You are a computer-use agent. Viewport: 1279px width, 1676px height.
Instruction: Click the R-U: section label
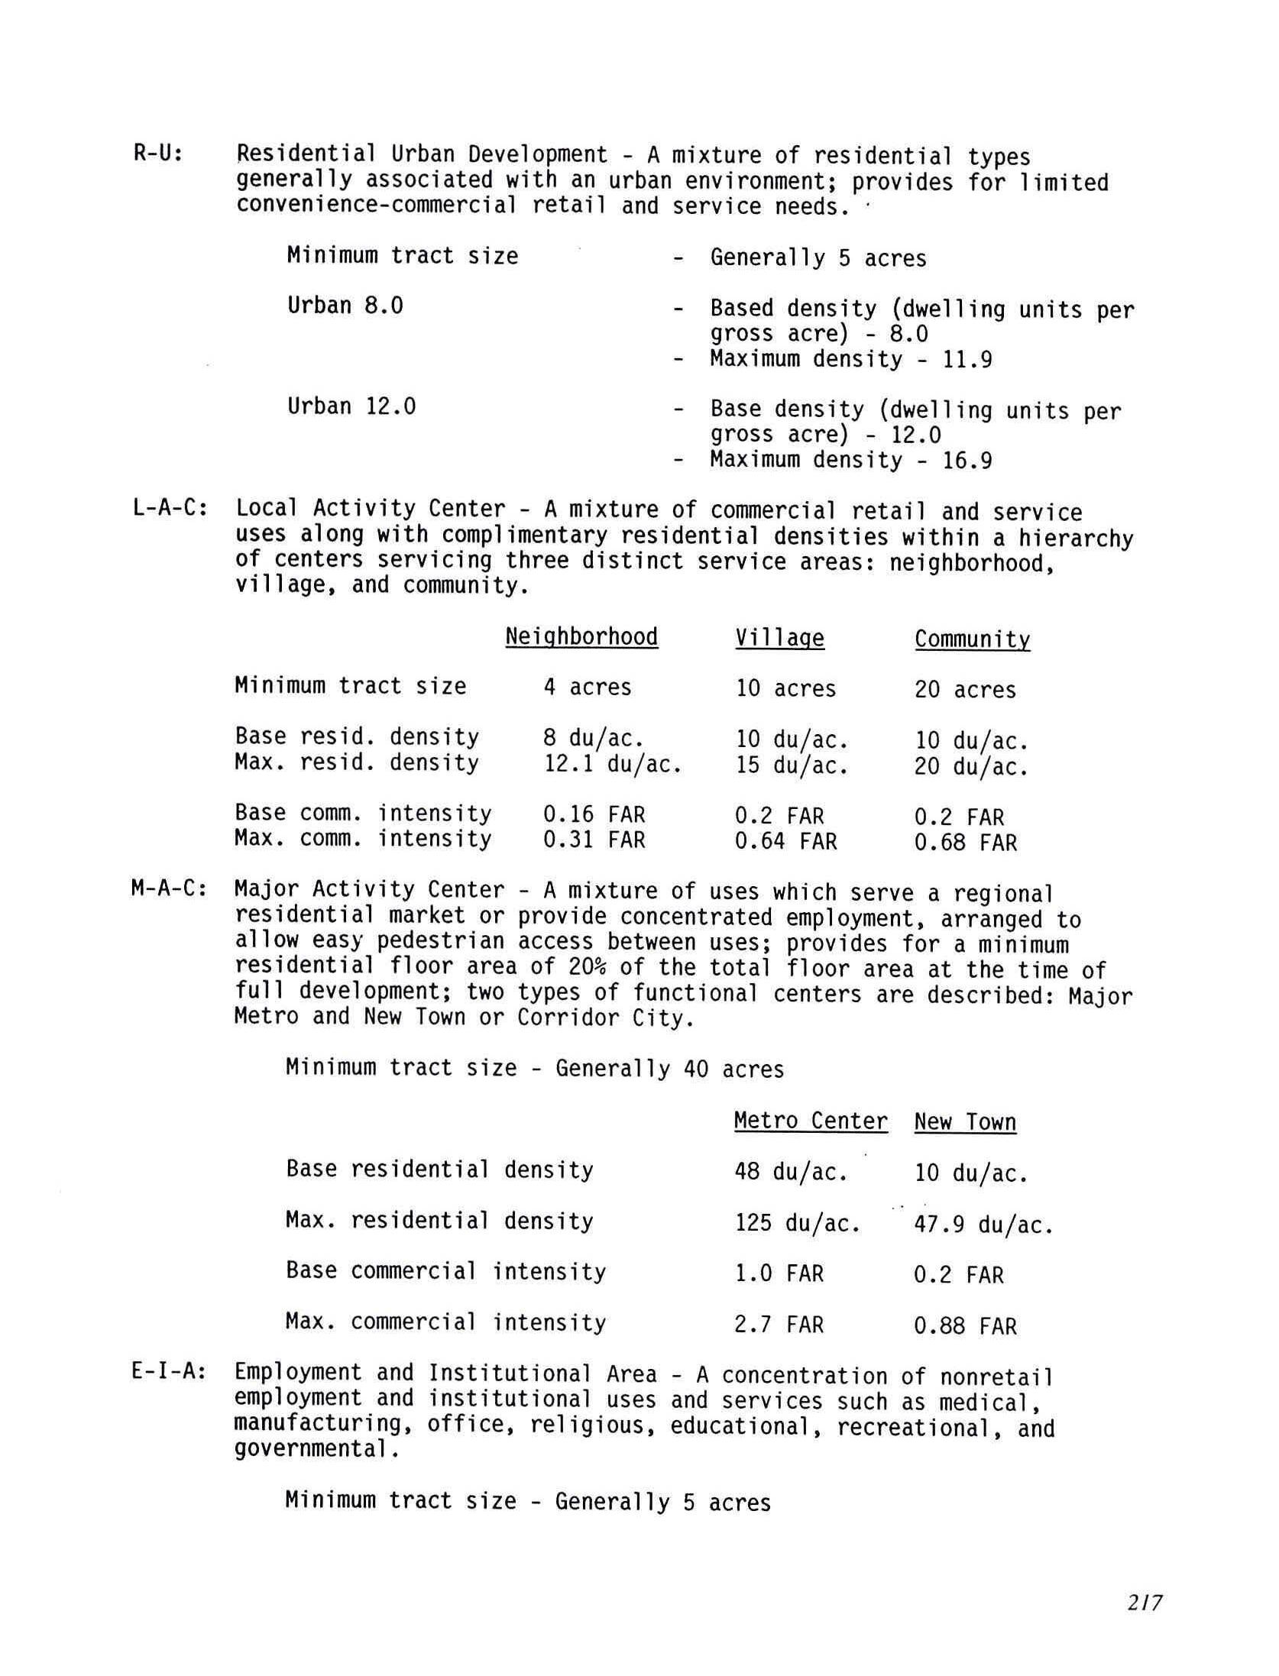[x=158, y=154]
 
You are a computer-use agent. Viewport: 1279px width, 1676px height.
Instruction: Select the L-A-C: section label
[x=170, y=508]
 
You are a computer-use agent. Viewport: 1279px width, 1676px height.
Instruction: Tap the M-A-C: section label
[x=170, y=889]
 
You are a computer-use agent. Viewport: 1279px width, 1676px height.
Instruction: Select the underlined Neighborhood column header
[x=581, y=637]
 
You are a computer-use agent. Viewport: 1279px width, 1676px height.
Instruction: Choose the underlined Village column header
[x=780, y=638]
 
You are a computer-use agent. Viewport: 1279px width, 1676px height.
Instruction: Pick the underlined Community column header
[x=972, y=639]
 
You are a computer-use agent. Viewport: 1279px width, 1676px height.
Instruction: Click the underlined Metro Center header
[x=811, y=1121]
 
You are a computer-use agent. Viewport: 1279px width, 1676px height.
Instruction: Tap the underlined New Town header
[x=965, y=1122]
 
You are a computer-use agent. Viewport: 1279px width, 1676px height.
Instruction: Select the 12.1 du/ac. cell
[x=612, y=764]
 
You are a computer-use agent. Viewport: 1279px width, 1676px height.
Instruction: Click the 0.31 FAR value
[x=594, y=840]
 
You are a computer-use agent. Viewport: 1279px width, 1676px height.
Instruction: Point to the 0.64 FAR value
[x=785, y=842]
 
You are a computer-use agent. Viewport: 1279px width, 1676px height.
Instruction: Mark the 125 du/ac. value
[x=797, y=1224]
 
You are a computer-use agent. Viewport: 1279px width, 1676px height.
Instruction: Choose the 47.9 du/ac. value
[x=983, y=1225]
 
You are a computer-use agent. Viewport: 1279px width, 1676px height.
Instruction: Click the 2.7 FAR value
[x=779, y=1325]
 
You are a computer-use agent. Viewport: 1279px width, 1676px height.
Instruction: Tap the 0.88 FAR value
[x=965, y=1326]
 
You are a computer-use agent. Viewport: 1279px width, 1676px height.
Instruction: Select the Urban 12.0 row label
[x=351, y=406]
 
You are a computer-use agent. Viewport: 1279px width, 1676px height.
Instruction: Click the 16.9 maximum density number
[x=967, y=461]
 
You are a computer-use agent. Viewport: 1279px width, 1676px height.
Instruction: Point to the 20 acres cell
[x=965, y=690]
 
